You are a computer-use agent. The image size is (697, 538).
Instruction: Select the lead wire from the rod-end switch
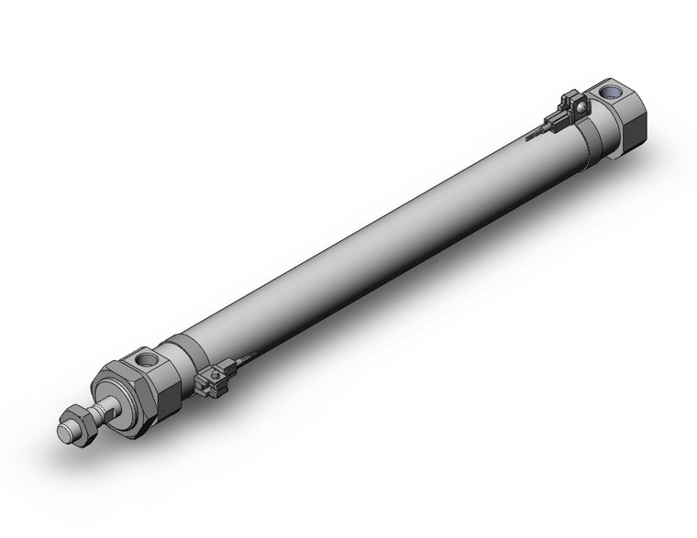[241, 358]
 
